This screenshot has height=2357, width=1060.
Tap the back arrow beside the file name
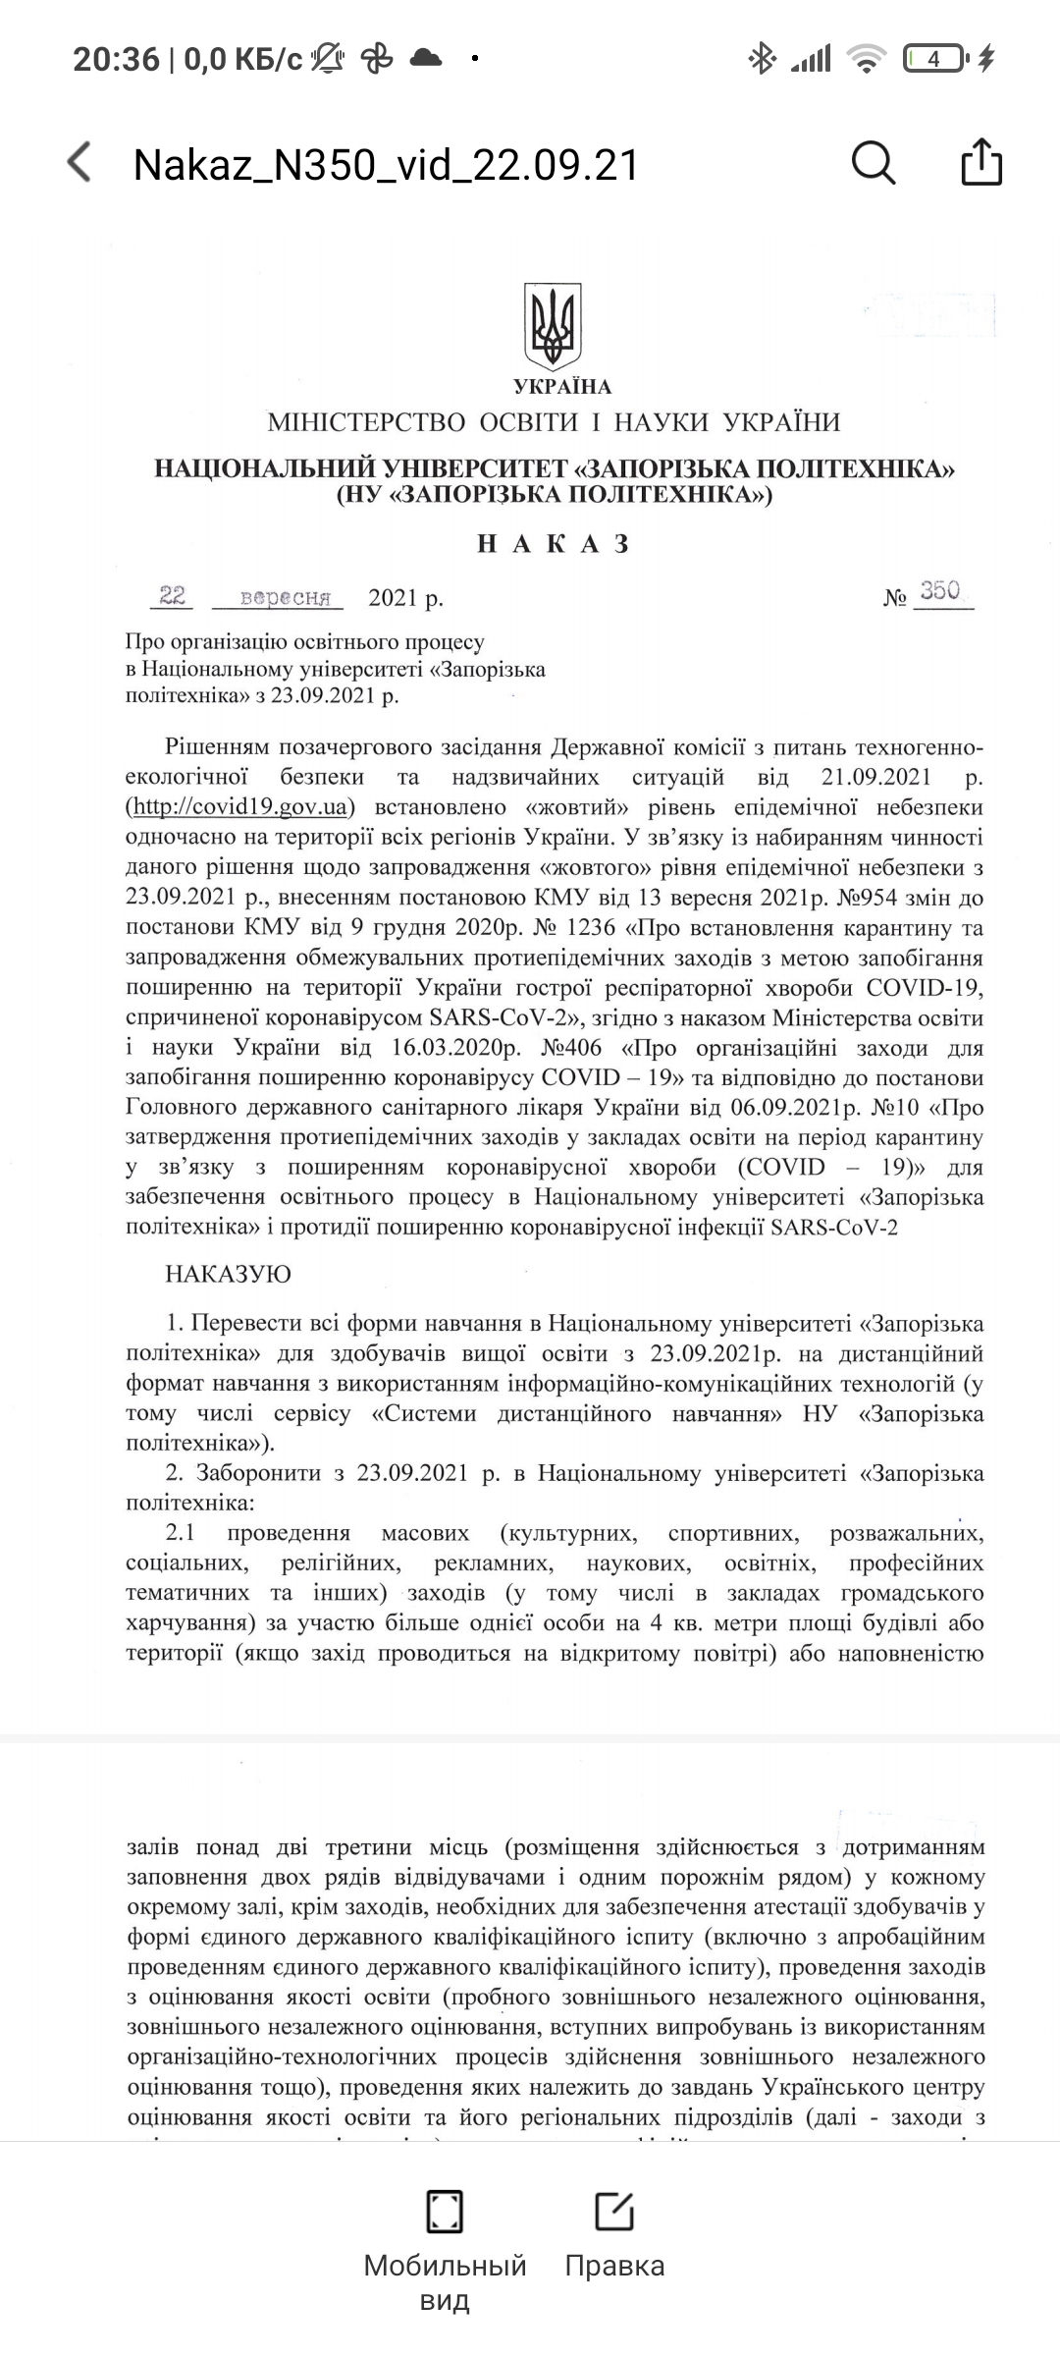pos(79,162)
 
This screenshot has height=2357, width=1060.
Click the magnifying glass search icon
pos(873,162)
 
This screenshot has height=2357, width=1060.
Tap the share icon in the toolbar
pos(980,162)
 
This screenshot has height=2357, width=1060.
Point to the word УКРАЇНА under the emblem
pos(561,387)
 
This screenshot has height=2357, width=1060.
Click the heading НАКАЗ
pos(554,544)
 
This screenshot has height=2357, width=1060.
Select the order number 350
pos(940,591)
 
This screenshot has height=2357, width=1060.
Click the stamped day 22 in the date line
pos(173,596)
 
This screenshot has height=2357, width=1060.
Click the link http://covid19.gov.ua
pos(239,807)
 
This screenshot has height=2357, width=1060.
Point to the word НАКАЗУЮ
pos(228,1275)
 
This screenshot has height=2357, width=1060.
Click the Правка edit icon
pos(614,2211)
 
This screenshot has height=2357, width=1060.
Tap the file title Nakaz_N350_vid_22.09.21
pos(386,165)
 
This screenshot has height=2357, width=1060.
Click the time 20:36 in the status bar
pos(116,60)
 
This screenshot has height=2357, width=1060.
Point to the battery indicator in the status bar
pos(934,60)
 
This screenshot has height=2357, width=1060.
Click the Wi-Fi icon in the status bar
pos(866,60)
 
